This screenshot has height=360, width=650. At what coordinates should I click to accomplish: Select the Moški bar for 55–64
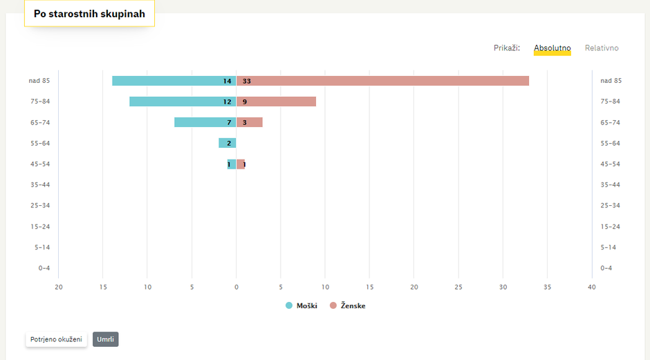[x=227, y=143]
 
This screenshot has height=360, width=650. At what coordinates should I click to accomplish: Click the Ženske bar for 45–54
[x=241, y=164]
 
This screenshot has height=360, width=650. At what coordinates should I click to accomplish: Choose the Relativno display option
[x=602, y=48]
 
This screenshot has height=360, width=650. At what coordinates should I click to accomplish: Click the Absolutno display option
[x=552, y=48]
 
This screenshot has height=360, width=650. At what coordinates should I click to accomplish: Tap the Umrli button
[x=105, y=339]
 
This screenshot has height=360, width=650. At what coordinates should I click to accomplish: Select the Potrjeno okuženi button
[x=56, y=339]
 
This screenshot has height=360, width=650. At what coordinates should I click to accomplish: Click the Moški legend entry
[x=301, y=305]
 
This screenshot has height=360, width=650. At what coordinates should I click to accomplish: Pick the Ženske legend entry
[x=347, y=305]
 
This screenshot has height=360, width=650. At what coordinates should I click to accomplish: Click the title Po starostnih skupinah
[x=89, y=14]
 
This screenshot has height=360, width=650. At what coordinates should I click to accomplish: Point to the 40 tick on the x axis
[x=592, y=287]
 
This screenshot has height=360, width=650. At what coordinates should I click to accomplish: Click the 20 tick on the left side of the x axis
[x=59, y=287]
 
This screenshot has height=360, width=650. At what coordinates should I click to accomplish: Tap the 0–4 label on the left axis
[x=44, y=268]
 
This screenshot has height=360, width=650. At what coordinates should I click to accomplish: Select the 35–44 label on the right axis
[x=610, y=184]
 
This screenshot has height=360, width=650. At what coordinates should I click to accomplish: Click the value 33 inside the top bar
[x=247, y=81]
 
